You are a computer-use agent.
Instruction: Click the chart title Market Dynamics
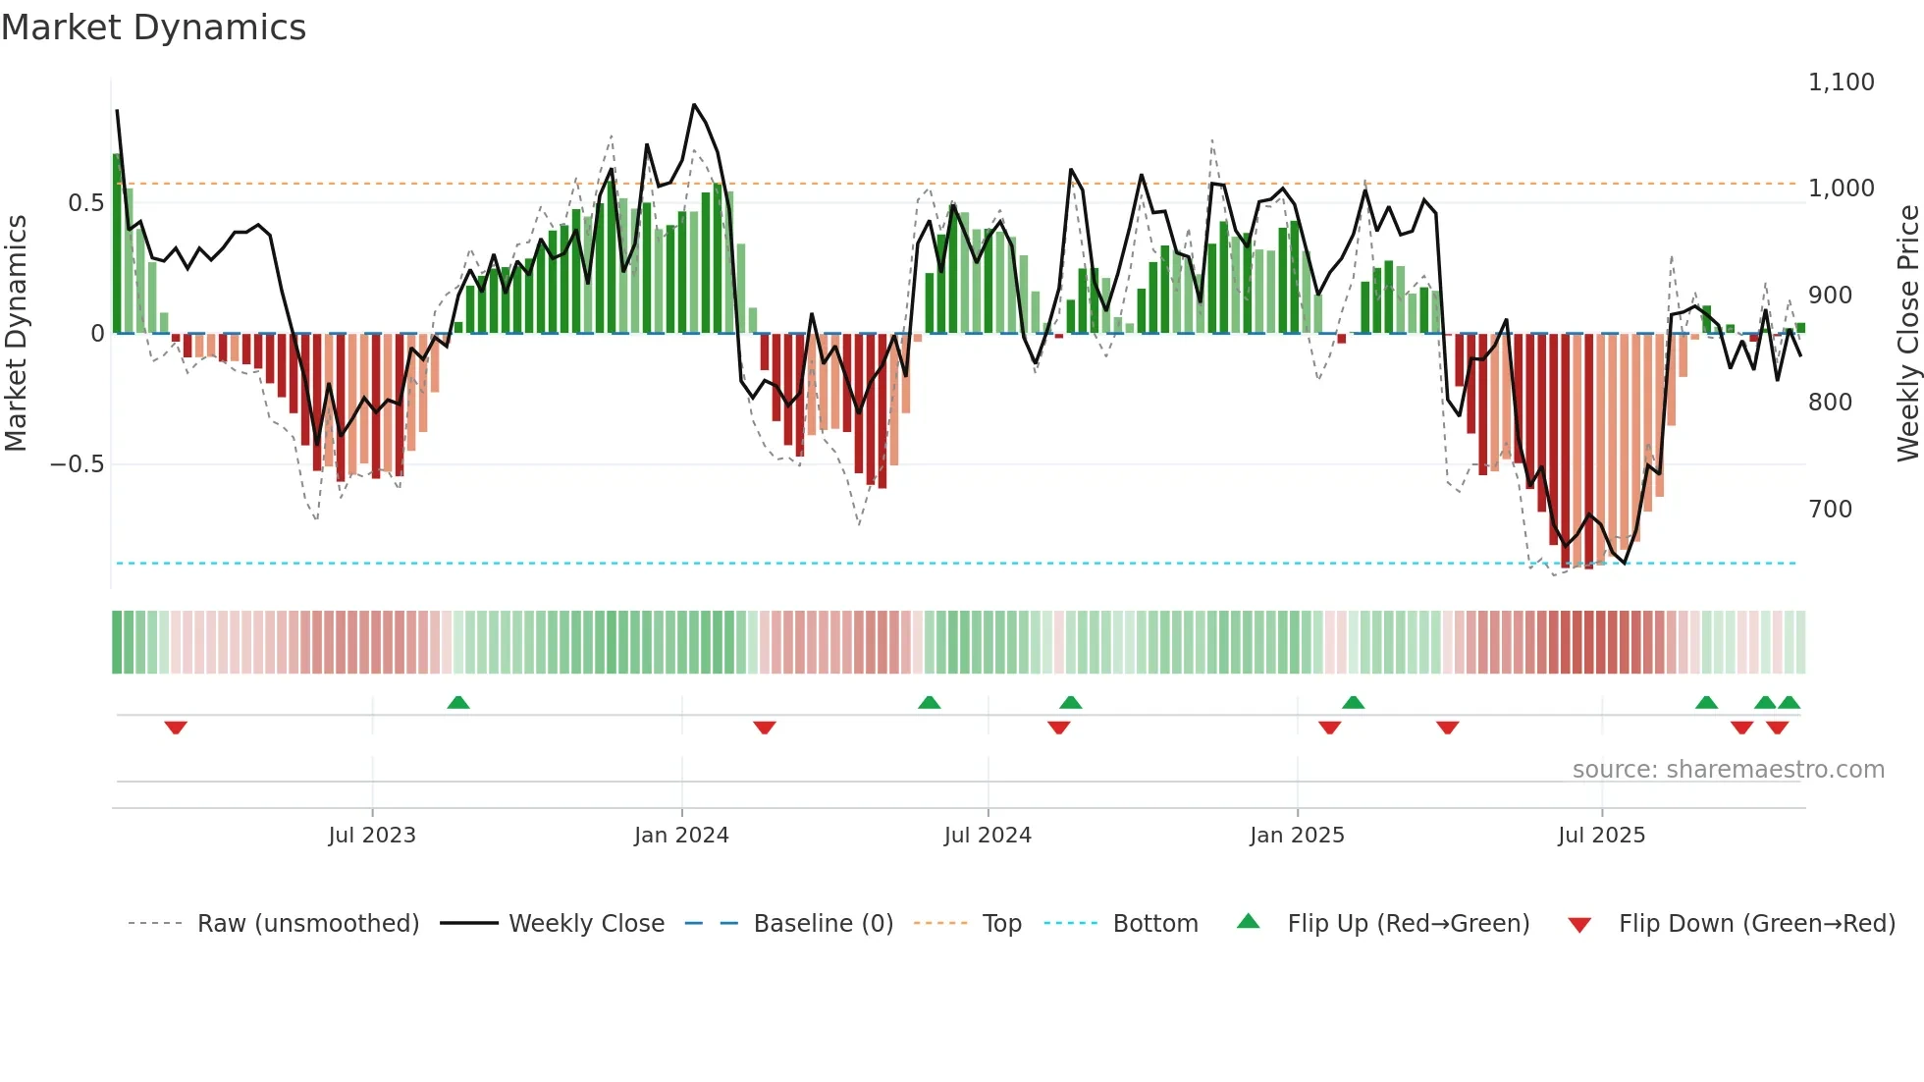[153, 27]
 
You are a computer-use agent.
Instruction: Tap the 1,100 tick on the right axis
[1841, 82]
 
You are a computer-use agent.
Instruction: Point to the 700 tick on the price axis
[1830, 510]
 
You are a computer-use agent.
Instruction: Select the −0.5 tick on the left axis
[78, 464]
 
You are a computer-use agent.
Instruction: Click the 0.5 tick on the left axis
[85, 203]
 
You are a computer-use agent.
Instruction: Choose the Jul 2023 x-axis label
[372, 836]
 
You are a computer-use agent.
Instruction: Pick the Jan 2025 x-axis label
[1297, 836]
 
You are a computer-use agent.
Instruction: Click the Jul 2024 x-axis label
[988, 836]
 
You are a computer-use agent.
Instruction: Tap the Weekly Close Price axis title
[1907, 334]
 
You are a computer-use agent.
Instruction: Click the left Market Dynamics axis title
[16, 334]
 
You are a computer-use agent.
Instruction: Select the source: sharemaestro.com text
[1728, 770]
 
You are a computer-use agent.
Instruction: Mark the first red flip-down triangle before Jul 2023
[176, 728]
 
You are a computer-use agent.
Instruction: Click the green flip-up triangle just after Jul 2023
[458, 702]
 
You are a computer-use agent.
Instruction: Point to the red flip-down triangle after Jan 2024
[765, 728]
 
